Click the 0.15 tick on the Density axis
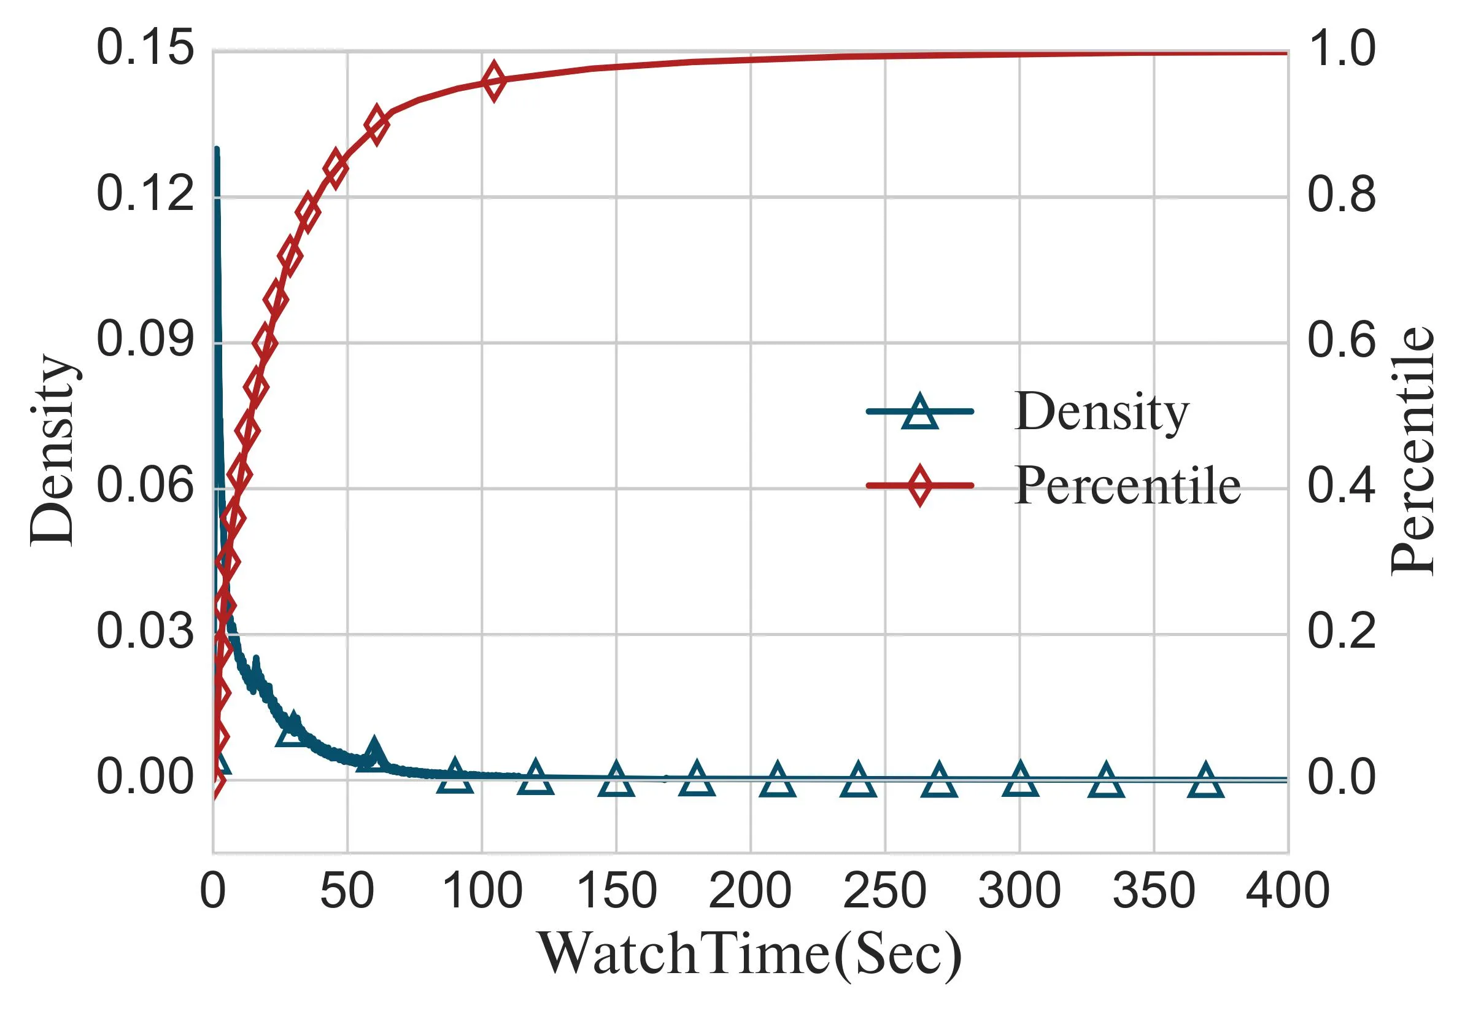pos(145,50)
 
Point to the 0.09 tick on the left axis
pos(145,341)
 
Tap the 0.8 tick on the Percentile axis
pos(1341,195)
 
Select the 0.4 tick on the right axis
pos(1341,486)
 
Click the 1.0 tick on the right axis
pos(1341,50)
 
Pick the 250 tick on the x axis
pos(884,892)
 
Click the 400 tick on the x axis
pos(1287,892)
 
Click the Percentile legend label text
pos(1127,486)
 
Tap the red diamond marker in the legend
pos(919,486)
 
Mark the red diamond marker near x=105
pos(493,81)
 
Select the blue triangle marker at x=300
pos(1020,780)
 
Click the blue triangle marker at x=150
pos(616,780)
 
